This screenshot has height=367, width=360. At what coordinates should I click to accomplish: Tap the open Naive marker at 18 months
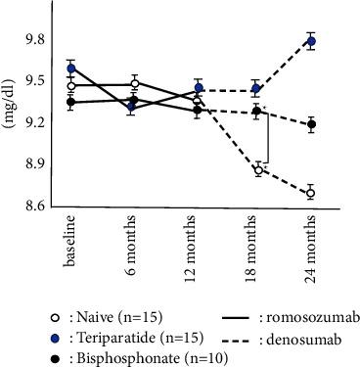tap(258, 170)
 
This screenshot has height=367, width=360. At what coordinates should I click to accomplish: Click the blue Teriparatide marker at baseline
tap(71, 69)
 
